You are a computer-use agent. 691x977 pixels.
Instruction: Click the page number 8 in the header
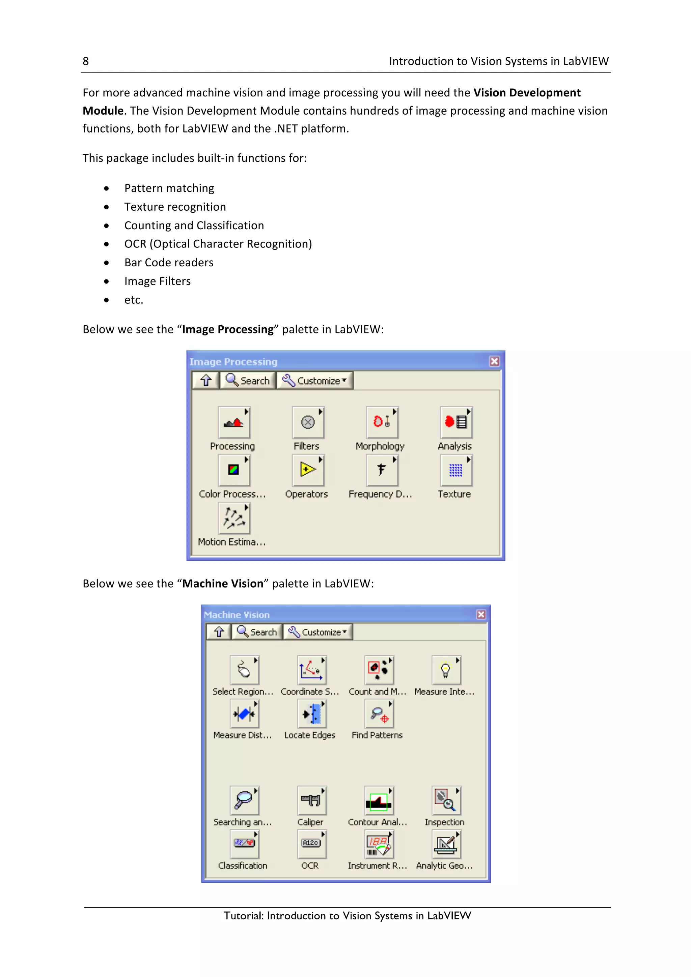click(x=86, y=61)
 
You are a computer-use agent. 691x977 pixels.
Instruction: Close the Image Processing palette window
click(x=494, y=361)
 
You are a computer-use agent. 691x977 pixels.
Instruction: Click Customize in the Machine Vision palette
click(x=318, y=632)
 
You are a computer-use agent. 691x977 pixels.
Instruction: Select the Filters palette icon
click(x=308, y=422)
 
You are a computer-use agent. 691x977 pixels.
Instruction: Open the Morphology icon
click(x=382, y=422)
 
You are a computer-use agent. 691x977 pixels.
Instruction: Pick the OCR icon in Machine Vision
click(x=311, y=843)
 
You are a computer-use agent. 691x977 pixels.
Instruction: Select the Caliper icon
click(x=311, y=800)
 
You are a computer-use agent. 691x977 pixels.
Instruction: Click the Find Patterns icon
click(x=379, y=714)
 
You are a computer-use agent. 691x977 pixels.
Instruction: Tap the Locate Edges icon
click(x=311, y=714)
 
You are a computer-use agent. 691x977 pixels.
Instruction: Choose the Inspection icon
click(x=446, y=800)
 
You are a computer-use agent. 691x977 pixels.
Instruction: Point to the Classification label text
click(x=243, y=865)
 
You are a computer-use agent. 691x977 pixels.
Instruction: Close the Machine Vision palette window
click(x=481, y=615)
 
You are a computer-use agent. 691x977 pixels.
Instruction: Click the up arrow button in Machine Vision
click(x=219, y=632)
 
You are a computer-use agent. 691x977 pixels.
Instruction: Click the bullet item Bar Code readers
click(x=169, y=263)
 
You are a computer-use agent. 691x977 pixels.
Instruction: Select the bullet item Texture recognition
click(x=175, y=207)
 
